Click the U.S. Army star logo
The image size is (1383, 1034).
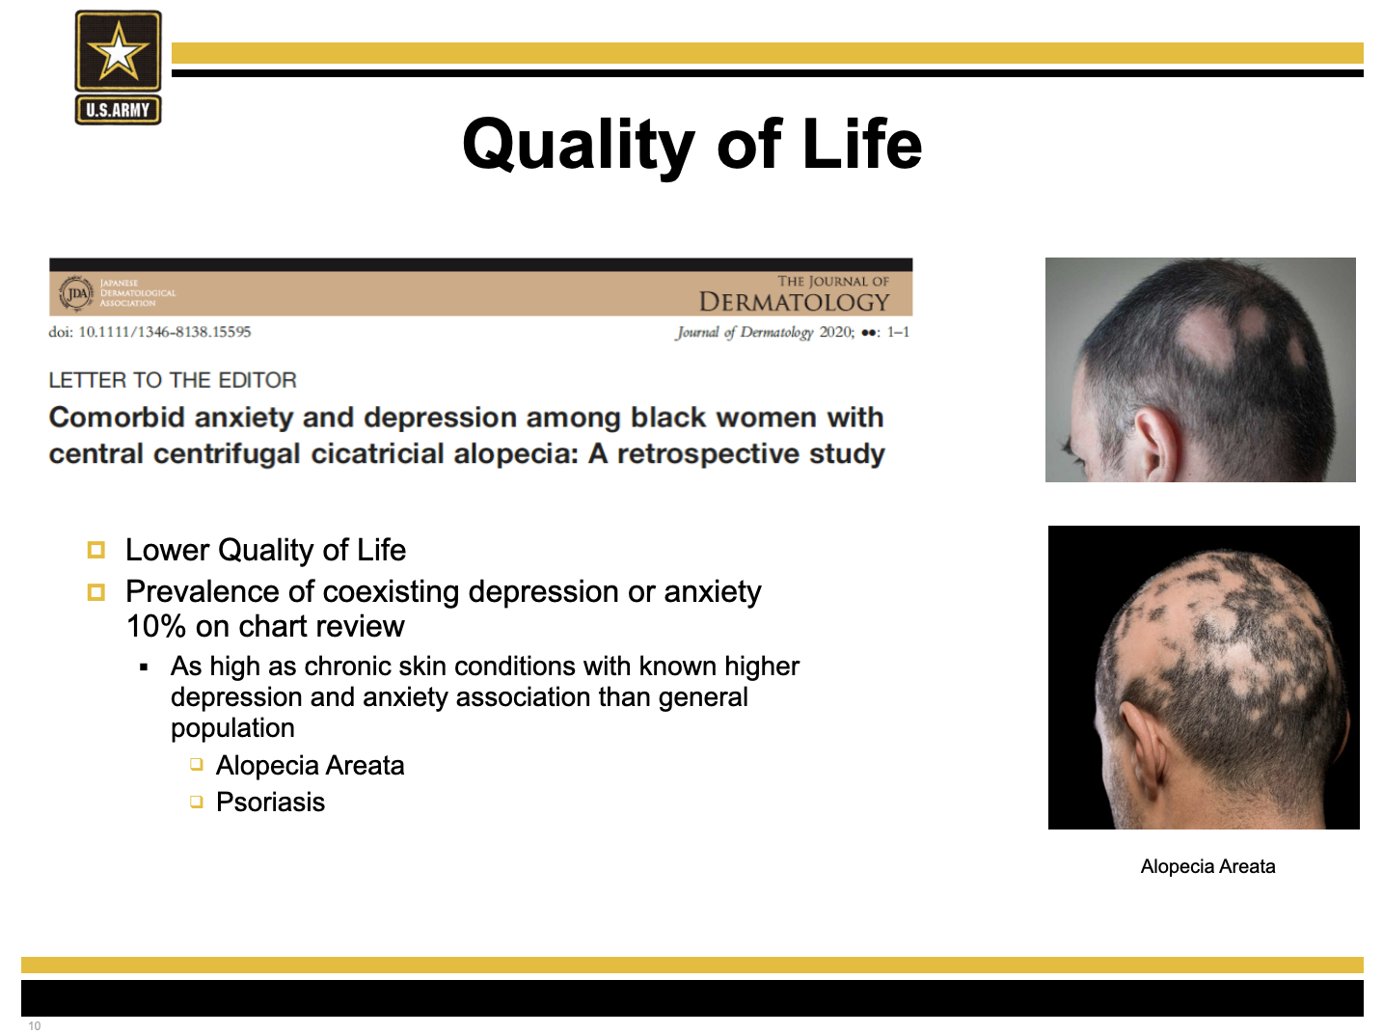pyautogui.click(x=118, y=68)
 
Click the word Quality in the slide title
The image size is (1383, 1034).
pyautogui.click(x=578, y=146)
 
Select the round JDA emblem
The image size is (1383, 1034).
pyautogui.click(x=76, y=293)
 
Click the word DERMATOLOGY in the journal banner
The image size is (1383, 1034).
pyautogui.click(x=794, y=302)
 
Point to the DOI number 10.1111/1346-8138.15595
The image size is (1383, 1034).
pyautogui.click(x=165, y=332)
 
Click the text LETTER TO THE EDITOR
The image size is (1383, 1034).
pyautogui.click(x=173, y=380)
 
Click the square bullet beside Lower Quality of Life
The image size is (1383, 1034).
pyautogui.click(x=95, y=550)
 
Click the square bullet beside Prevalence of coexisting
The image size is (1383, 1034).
pyautogui.click(x=95, y=592)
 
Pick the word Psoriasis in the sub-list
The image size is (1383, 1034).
pyautogui.click(x=270, y=803)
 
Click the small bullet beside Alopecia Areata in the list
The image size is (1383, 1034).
pyautogui.click(x=197, y=765)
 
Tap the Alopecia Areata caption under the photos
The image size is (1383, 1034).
pyautogui.click(x=1207, y=866)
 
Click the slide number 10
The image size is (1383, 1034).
pyautogui.click(x=35, y=1025)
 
